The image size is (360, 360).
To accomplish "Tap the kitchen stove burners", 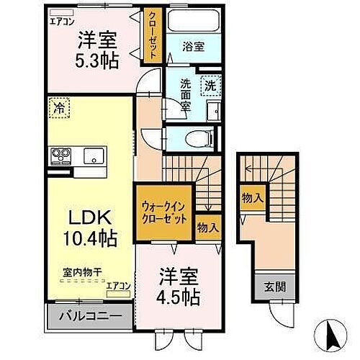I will click(59, 156).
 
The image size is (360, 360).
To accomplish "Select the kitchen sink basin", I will click(91, 156).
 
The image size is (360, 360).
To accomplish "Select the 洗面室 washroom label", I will click(184, 94).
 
